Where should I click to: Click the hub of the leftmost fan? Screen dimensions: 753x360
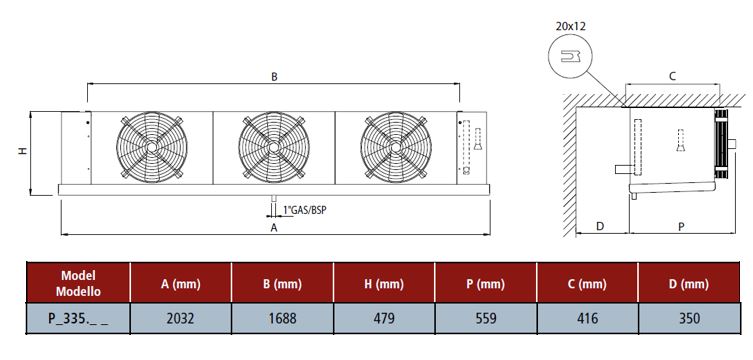152,147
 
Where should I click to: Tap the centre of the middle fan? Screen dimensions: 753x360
274,147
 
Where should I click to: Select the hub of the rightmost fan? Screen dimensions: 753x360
396,147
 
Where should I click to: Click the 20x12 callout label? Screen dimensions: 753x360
571,26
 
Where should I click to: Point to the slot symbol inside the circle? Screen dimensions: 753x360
571,57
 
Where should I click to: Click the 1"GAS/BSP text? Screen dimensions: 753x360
305,210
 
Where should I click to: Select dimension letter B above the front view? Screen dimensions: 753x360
274,77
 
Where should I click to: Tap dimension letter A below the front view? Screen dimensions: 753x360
274,228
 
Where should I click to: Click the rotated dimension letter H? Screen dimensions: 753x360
23,151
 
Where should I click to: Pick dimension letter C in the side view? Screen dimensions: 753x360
672,76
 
